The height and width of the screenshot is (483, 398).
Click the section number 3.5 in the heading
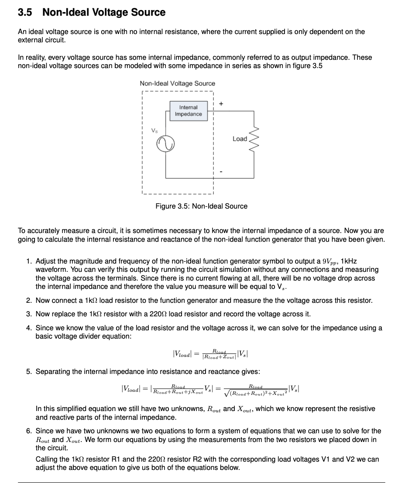25,12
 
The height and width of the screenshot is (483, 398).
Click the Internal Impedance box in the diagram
189,111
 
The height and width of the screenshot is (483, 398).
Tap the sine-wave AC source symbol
166,143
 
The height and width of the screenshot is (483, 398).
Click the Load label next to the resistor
240,139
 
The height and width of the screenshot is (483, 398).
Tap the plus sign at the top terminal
221,103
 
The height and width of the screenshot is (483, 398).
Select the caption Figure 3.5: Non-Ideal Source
201,206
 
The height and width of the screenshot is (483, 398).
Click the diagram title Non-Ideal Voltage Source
177,83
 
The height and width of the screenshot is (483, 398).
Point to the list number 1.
28,261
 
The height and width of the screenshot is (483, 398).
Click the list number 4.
28,328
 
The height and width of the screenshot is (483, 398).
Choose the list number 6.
28,431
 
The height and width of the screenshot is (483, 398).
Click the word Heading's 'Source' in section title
148,12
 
